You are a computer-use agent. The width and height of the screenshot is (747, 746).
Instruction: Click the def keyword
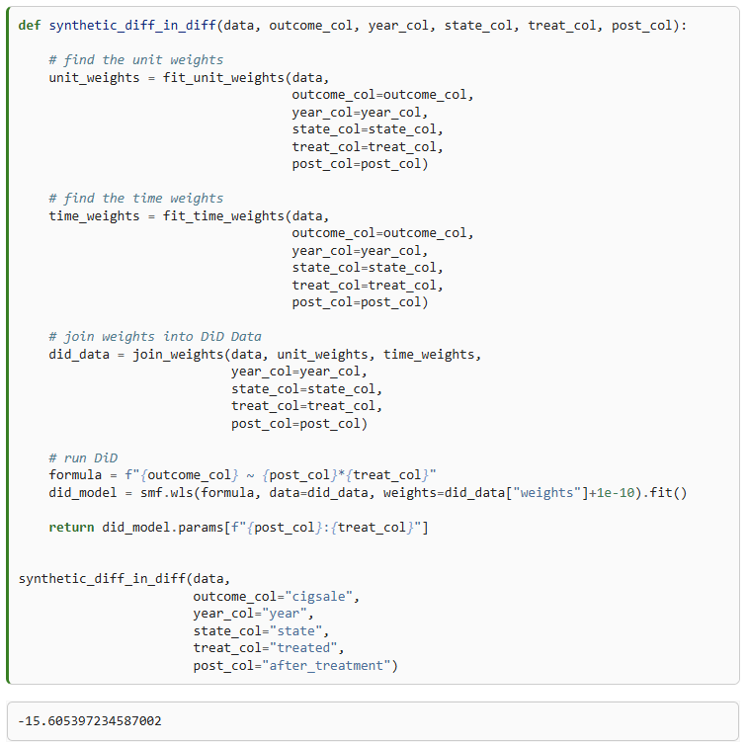tap(30, 25)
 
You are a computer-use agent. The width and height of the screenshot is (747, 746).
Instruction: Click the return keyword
tap(71, 527)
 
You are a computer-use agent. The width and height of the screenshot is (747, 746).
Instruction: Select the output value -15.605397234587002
tap(90, 721)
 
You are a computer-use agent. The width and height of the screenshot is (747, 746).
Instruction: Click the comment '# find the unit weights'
tap(136, 59)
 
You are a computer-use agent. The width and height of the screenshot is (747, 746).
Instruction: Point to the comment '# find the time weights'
tap(136, 198)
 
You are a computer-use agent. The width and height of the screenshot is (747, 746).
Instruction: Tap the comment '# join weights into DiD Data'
tap(155, 336)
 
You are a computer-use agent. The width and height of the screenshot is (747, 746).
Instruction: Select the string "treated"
tap(306, 648)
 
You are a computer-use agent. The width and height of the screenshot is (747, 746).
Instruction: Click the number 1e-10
tap(620, 492)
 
